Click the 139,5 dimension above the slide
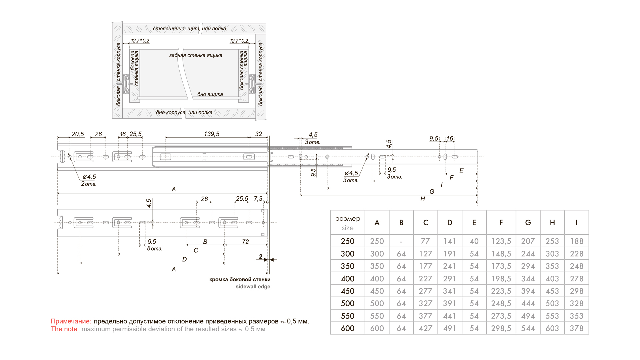click(212, 134)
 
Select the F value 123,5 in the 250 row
click(501, 241)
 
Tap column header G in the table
click(528, 223)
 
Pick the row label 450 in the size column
click(347, 291)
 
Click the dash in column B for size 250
click(401, 241)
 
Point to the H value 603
click(552, 328)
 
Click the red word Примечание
click(71, 321)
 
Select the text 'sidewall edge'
click(253, 287)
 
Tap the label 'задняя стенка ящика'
click(196, 55)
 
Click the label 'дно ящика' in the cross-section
click(210, 94)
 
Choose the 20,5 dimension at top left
click(78, 134)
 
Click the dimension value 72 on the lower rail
click(245, 242)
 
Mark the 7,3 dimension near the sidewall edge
click(258, 199)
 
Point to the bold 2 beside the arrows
click(261, 257)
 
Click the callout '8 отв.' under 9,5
click(154, 249)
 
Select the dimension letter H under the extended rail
click(423, 199)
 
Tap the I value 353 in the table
click(576, 316)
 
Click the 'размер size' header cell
click(347, 223)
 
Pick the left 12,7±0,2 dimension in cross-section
click(140, 41)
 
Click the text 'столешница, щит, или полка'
click(189, 29)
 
